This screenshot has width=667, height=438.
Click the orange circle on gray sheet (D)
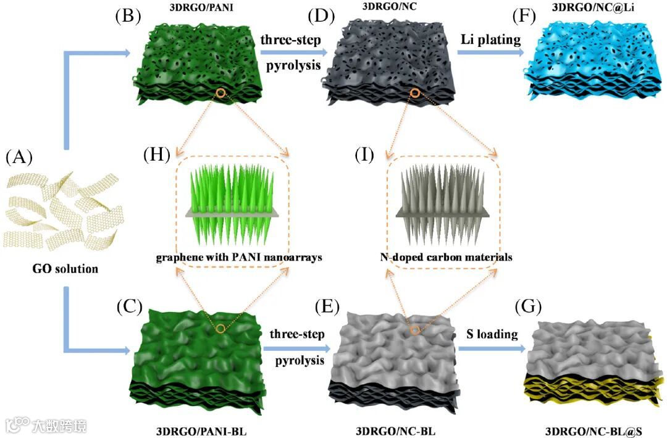click(415, 94)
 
